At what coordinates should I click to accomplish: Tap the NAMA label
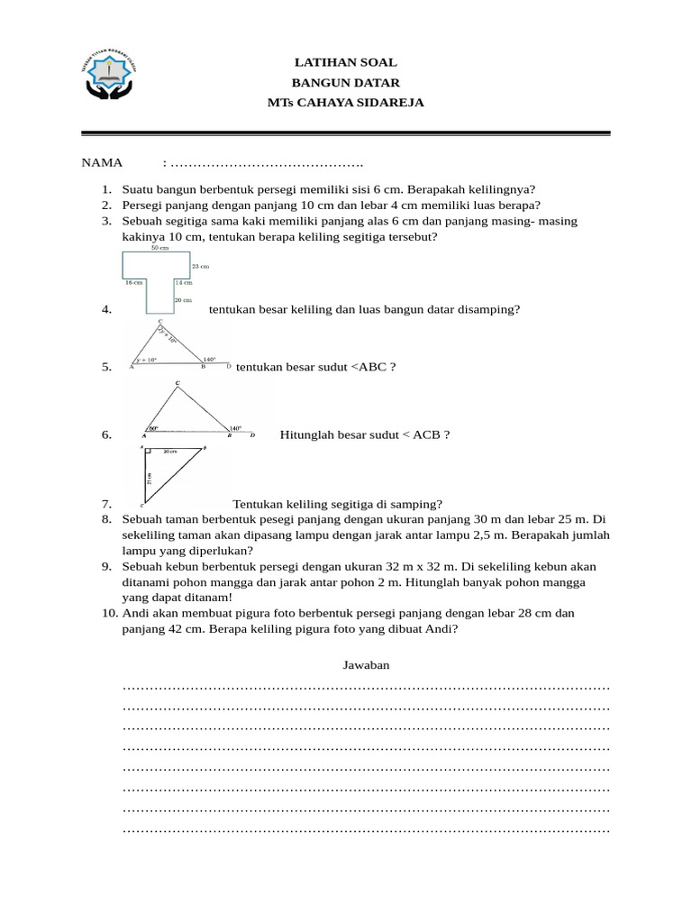[x=102, y=163]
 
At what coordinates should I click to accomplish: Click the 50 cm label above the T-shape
[x=159, y=247]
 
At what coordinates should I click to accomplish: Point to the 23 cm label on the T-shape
[x=200, y=267]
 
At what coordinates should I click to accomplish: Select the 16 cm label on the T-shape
[x=133, y=282]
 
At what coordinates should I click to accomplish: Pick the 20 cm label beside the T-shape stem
[x=183, y=299]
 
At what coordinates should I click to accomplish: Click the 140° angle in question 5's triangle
[x=209, y=360]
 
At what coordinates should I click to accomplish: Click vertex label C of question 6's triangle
[x=178, y=383]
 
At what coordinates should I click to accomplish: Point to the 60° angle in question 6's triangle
[x=153, y=428]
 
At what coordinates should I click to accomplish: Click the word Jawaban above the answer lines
[x=366, y=665]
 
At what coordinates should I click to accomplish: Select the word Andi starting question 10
[x=135, y=613]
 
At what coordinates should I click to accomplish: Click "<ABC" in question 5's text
[x=368, y=367]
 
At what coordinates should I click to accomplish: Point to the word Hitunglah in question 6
[x=307, y=434]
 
